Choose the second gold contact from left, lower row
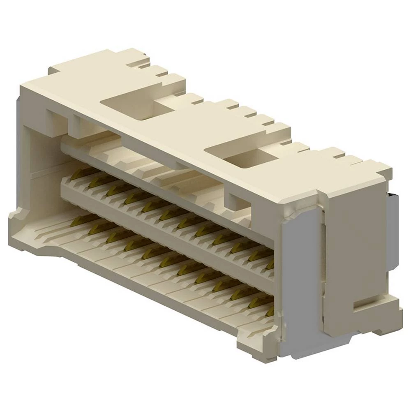tap(96, 228)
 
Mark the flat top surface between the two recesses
tap(185, 123)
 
